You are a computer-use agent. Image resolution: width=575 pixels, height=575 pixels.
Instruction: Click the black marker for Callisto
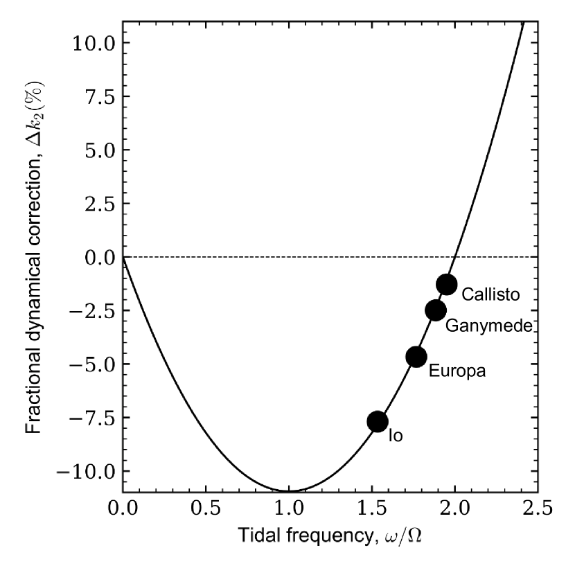[x=447, y=283]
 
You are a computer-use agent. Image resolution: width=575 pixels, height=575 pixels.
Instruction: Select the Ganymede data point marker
[x=436, y=310]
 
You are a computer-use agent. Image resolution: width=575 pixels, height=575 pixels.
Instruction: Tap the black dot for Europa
[x=416, y=357]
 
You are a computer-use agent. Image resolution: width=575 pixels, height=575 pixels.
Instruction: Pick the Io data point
[x=378, y=421]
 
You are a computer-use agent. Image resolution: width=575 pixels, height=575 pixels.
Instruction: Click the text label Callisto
[x=490, y=294]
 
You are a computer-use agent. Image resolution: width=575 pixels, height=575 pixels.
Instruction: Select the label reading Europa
[x=457, y=371]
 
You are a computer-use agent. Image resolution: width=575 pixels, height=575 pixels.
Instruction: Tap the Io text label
[x=396, y=436]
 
